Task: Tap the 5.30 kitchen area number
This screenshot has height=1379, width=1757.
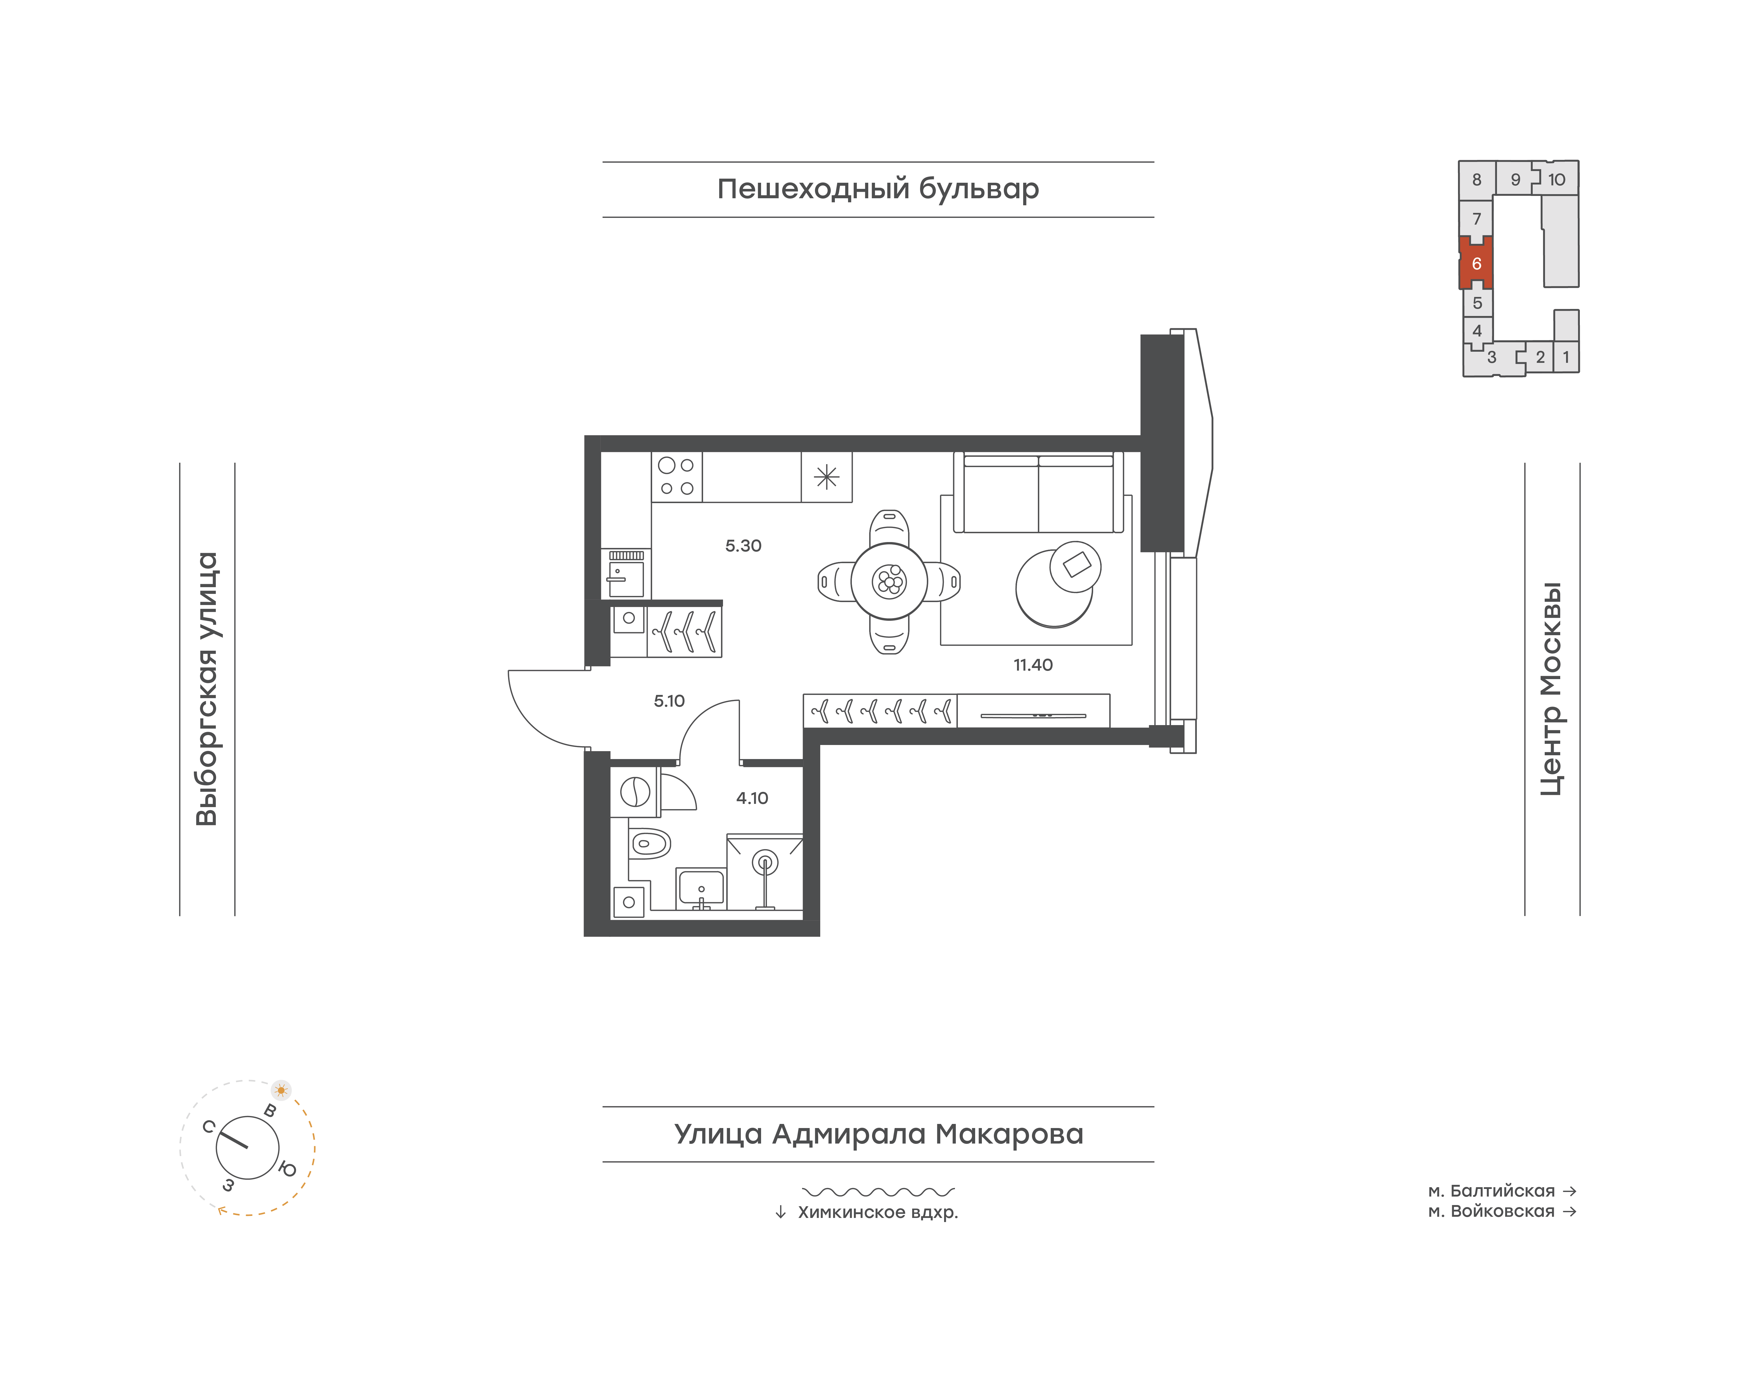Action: [x=743, y=546]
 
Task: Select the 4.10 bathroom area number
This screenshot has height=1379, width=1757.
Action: [x=752, y=799]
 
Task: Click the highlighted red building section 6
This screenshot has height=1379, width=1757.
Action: [x=1476, y=263]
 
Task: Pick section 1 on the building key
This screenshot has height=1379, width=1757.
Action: [x=1566, y=357]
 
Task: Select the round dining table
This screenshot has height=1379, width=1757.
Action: [x=889, y=581]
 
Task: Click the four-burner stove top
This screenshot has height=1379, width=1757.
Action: [x=677, y=476]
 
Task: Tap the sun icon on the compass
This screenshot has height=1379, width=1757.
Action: [x=281, y=1090]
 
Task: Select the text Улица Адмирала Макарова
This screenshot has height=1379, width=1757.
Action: [x=878, y=1134]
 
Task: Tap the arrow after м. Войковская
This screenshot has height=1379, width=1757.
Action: [x=1570, y=1211]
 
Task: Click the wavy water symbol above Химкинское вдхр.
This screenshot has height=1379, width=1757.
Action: [x=878, y=1192]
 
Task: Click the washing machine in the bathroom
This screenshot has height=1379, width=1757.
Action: [x=635, y=792]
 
